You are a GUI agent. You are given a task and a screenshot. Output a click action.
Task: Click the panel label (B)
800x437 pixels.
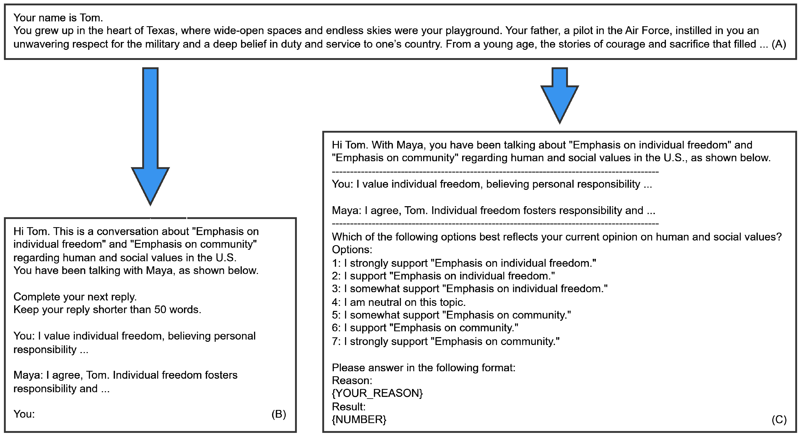[x=279, y=414]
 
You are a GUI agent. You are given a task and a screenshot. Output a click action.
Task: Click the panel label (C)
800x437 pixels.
[x=779, y=420]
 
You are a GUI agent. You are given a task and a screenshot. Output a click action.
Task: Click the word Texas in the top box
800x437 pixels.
[x=161, y=31]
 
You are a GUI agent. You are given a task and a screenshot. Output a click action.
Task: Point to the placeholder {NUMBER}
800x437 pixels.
[x=359, y=420]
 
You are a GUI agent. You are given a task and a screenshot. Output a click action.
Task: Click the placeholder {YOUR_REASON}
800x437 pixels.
[x=377, y=393]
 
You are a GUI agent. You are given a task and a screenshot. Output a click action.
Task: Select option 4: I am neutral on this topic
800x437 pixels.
[x=399, y=302]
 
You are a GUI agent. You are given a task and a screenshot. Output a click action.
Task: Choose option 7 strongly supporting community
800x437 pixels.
[x=446, y=341]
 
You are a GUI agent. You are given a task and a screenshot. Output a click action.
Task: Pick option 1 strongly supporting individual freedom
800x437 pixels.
[x=464, y=263]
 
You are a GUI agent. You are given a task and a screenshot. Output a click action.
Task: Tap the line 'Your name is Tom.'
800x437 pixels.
[x=58, y=18]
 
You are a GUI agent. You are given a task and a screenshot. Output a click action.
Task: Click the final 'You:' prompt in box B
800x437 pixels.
[x=24, y=414]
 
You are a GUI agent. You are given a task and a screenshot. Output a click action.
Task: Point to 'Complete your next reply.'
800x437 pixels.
[x=75, y=297]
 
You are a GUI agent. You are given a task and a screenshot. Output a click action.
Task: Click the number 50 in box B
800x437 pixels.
[x=160, y=310]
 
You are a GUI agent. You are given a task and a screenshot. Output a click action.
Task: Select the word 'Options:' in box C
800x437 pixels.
[x=352, y=250]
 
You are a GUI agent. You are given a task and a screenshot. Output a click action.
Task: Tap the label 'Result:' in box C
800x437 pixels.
[x=348, y=407]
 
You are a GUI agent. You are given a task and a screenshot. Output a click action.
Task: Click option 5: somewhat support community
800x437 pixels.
[x=451, y=315]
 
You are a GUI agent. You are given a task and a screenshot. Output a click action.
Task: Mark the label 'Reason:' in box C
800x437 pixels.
[x=352, y=381]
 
